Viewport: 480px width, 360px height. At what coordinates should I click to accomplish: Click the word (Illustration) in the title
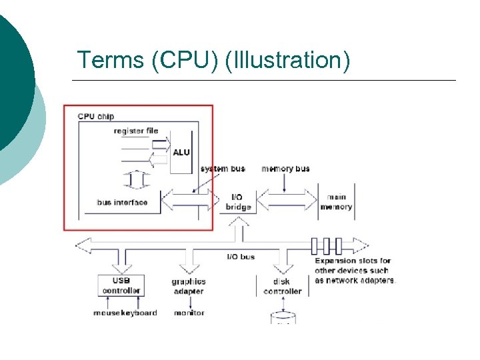click(x=287, y=60)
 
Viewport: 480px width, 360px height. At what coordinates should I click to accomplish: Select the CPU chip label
click(x=96, y=116)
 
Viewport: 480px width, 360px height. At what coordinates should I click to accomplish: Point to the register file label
click(x=136, y=131)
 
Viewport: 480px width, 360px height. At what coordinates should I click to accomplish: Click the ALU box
click(x=181, y=152)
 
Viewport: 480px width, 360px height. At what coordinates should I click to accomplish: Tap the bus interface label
click(x=122, y=202)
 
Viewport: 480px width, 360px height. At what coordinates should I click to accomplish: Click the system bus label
click(x=223, y=169)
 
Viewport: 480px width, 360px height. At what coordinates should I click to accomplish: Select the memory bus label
click(x=285, y=169)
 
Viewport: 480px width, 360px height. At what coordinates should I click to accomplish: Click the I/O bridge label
click(x=238, y=202)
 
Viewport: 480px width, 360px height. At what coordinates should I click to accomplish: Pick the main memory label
click(x=336, y=202)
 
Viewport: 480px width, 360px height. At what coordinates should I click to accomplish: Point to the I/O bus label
click(x=241, y=257)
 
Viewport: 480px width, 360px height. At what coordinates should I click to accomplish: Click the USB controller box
click(x=121, y=285)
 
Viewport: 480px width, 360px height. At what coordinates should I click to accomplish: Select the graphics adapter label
click(x=189, y=287)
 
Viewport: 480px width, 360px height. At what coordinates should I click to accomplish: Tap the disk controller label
click(x=283, y=287)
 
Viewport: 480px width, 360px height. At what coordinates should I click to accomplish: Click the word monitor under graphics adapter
click(x=189, y=313)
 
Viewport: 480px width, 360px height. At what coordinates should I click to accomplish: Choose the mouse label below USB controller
click(x=106, y=313)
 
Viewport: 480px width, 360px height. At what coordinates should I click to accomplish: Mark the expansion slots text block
click(x=355, y=271)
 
